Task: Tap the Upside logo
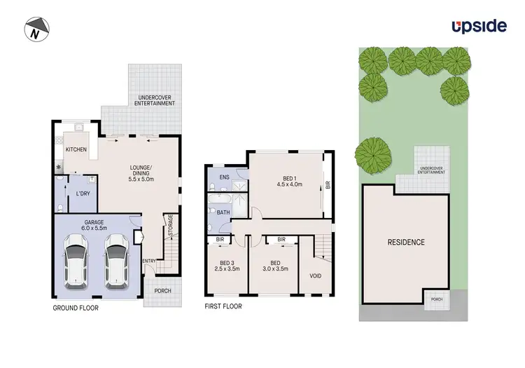[x=478, y=27]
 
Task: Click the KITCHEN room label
[x=76, y=150]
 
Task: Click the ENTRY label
[x=150, y=261]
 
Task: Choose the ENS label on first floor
[x=224, y=177]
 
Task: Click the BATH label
[x=224, y=212]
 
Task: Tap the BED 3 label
[x=224, y=262]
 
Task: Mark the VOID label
[x=316, y=275]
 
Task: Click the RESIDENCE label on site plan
[x=406, y=243]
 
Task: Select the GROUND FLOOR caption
[x=76, y=308]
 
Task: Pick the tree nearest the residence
[x=373, y=154]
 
